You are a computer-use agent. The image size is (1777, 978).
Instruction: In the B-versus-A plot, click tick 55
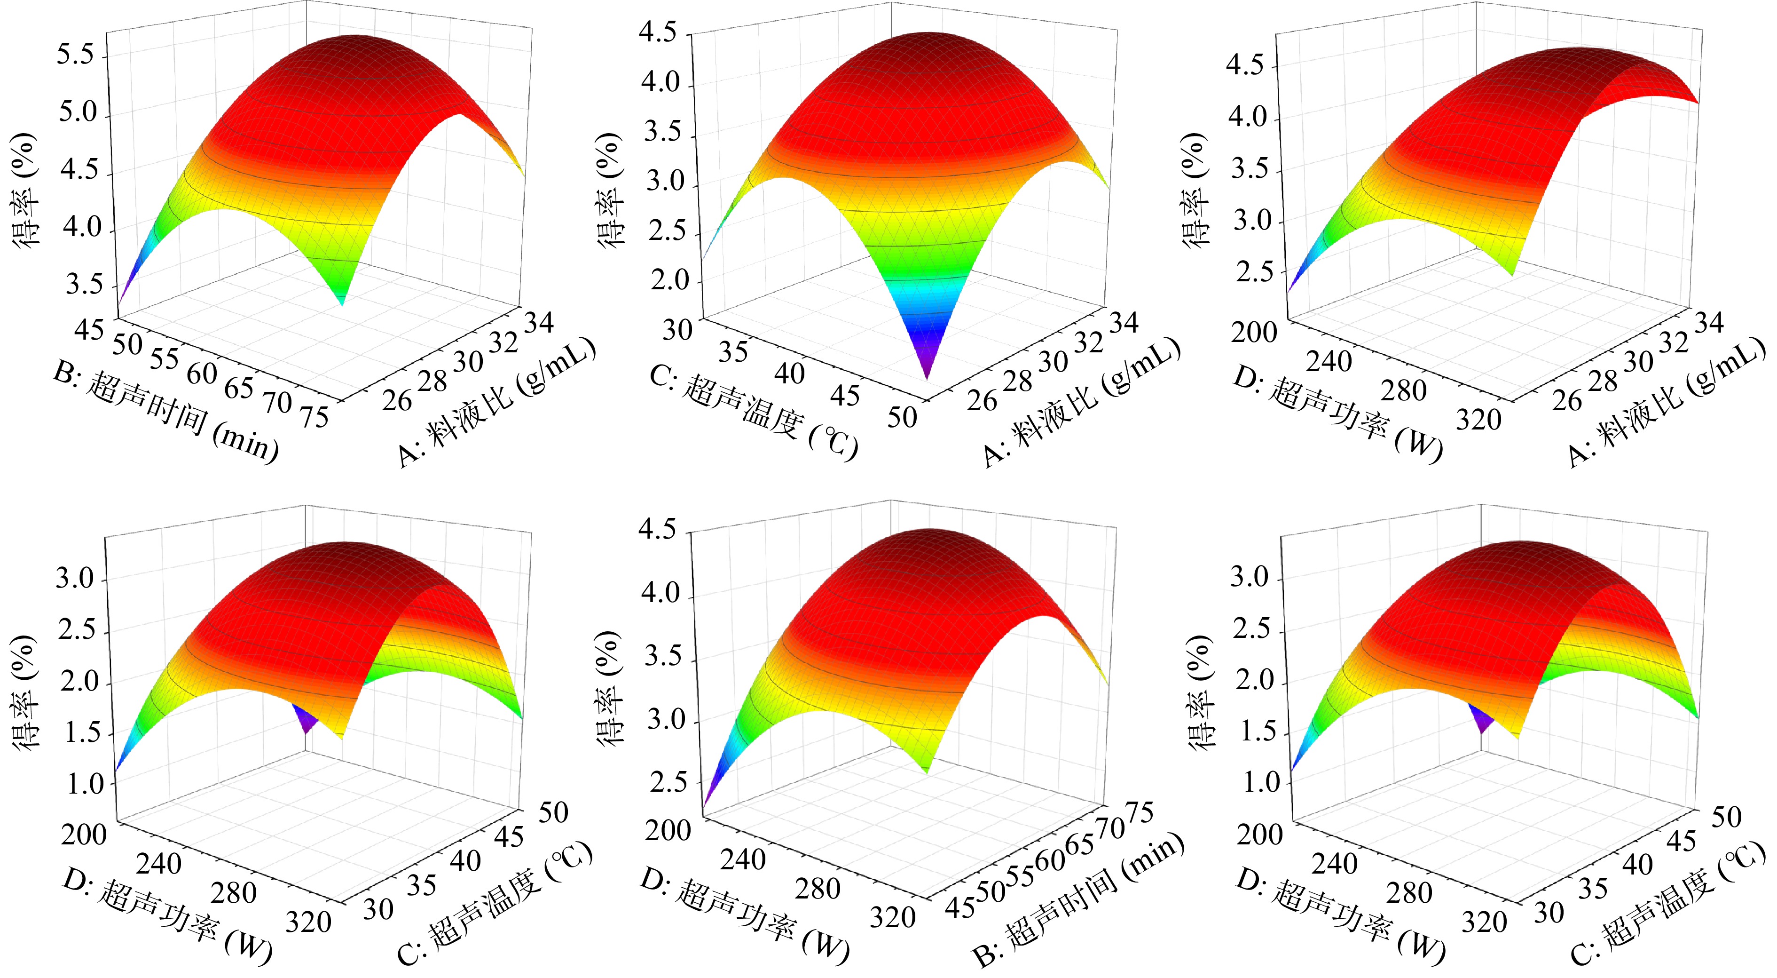coord(164,358)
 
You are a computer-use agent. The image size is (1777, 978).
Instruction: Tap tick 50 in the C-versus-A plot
coord(902,417)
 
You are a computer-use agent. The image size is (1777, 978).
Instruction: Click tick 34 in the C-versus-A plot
coord(1124,322)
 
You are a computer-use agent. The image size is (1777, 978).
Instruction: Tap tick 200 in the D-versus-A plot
coord(1253,333)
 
